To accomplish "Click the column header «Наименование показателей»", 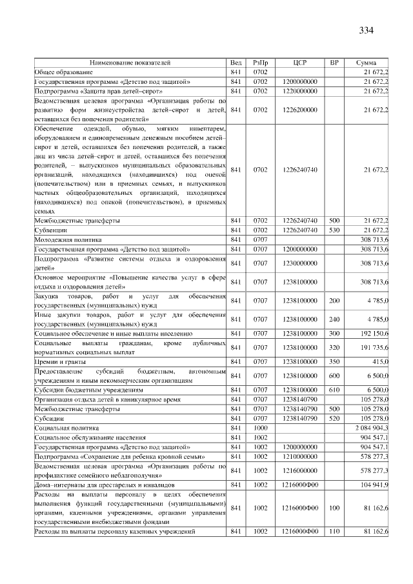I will click(x=130, y=63).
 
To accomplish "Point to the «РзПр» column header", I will click(x=260, y=63).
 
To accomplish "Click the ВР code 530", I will click(x=334, y=230).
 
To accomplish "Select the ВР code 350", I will click(x=334, y=363).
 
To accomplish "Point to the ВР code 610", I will click(x=334, y=390).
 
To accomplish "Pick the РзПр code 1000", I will click(x=260, y=428).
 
